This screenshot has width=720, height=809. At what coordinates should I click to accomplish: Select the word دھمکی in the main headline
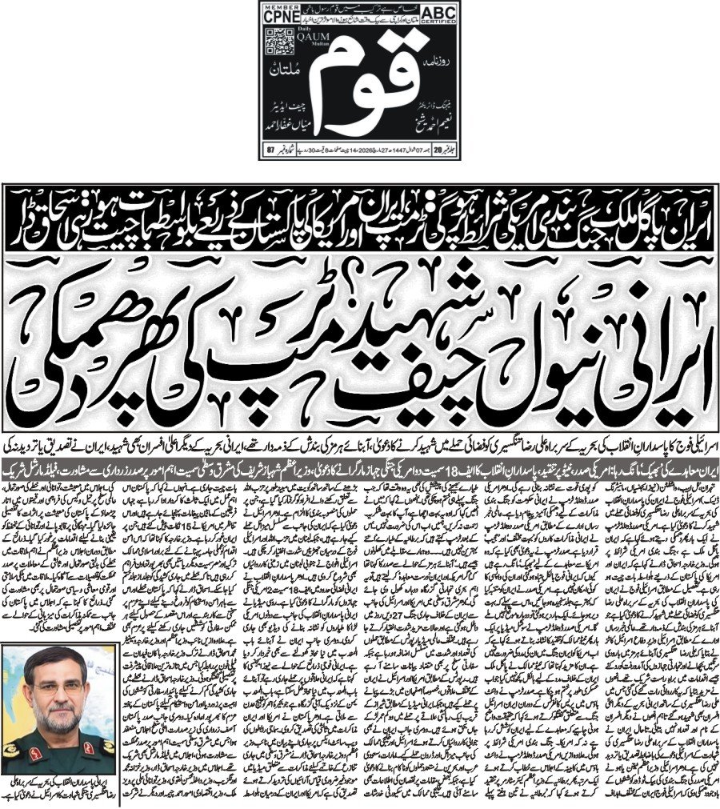coord(104,352)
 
